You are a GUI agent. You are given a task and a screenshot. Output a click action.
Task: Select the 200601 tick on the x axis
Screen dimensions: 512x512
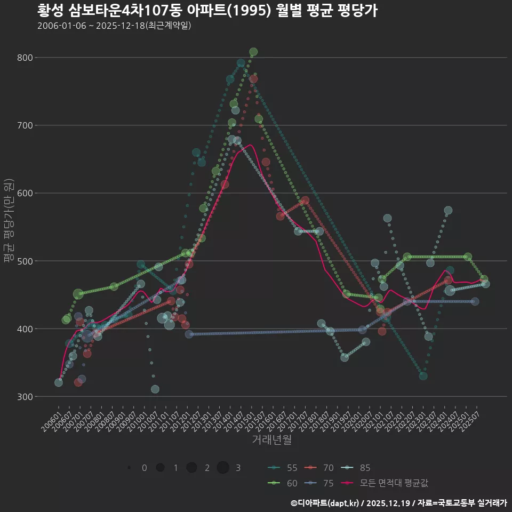[52, 414]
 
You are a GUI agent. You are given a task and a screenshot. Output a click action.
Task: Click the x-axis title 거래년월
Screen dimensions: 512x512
[272, 440]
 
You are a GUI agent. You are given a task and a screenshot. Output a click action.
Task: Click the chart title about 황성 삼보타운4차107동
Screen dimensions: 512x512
[207, 10]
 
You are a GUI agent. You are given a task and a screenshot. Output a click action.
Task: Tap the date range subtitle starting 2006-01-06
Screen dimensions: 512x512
[114, 26]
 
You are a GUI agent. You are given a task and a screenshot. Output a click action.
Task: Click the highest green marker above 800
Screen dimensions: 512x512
[253, 52]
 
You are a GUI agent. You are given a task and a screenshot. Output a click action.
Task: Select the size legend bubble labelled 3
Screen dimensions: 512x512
[223, 468]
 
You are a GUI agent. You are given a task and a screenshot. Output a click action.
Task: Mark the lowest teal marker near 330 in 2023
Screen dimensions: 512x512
[423, 376]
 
